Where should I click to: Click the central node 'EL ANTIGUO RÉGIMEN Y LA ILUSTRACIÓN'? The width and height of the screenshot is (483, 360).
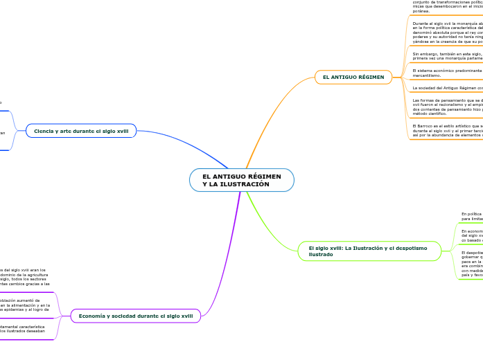tap(241, 180)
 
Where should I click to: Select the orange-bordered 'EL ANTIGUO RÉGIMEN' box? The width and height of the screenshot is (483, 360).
tap(353, 77)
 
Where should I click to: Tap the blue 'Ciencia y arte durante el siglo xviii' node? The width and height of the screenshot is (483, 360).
tap(81, 130)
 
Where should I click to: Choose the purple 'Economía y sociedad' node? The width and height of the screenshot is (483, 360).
tap(136, 316)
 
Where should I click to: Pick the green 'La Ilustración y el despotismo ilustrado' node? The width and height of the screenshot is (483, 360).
tap(369, 251)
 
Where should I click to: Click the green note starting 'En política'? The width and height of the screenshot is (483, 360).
tap(472, 216)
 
